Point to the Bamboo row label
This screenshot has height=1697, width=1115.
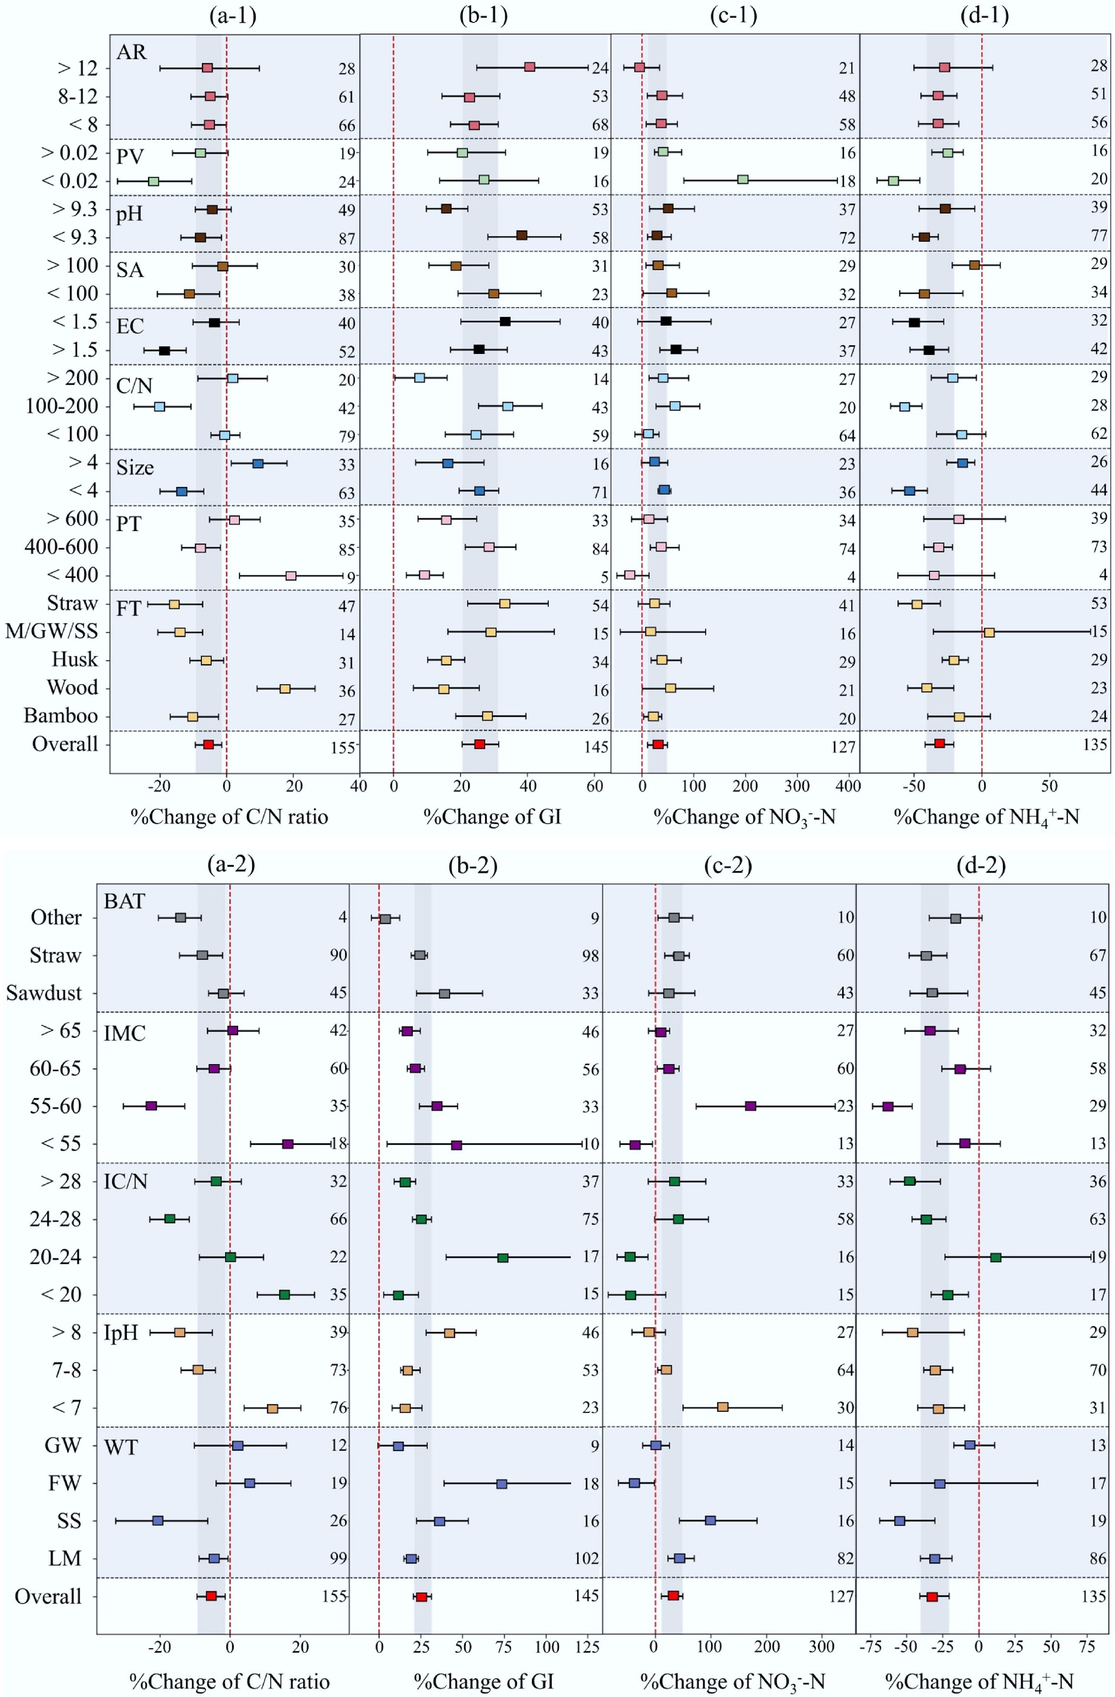(61, 716)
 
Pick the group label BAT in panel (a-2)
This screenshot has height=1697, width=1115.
(124, 901)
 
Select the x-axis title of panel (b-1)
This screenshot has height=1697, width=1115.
(492, 816)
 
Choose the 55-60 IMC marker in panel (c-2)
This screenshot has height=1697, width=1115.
(750, 1106)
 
